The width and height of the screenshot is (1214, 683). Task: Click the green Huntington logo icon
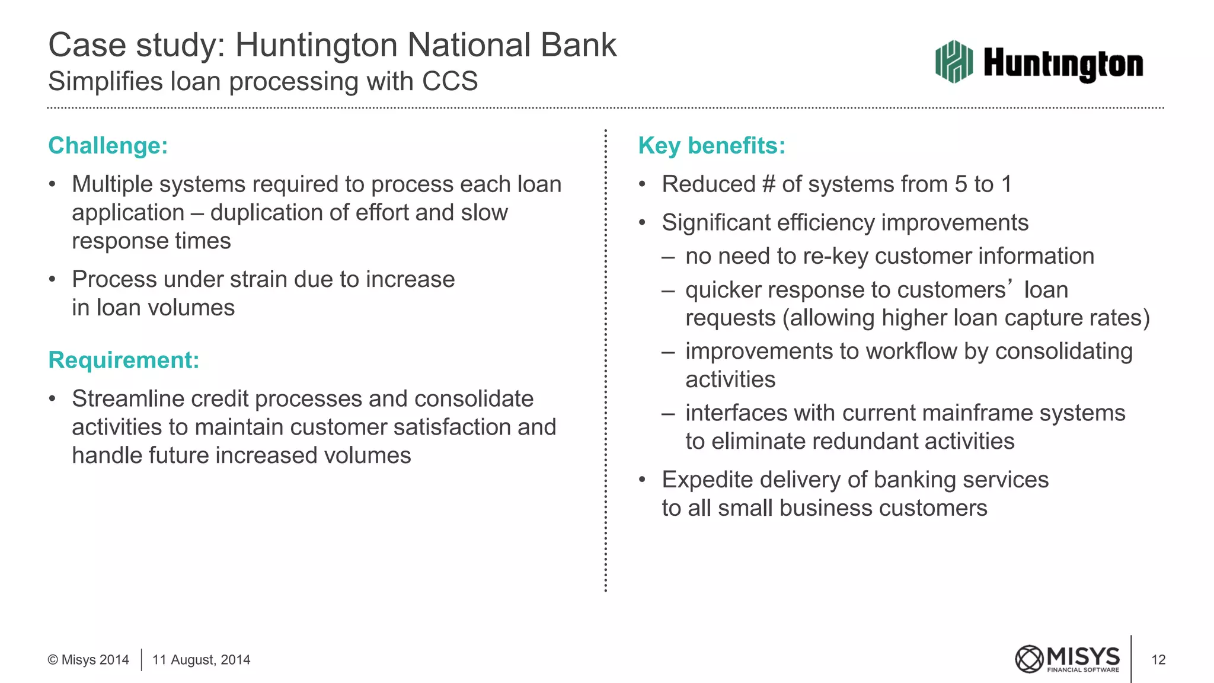(x=954, y=62)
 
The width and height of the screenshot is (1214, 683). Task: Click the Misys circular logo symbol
(x=1029, y=659)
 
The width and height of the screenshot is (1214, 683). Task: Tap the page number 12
(x=1158, y=660)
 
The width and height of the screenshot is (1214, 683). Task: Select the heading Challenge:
(x=108, y=146)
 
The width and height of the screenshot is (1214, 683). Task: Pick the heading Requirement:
(x=123, y=360)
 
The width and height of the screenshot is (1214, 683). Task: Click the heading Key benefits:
(x=711, y=146)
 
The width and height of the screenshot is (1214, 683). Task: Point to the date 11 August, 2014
(x=201, y=660)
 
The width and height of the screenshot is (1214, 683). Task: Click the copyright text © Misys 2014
(x=88, y=660)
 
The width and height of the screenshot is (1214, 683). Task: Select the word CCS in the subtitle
(x=450, y=81)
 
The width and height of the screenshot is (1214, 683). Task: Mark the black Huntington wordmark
(x=1063, y=64)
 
